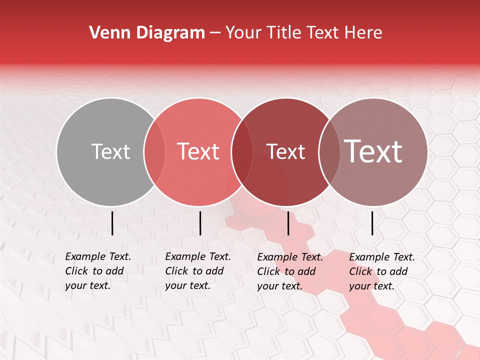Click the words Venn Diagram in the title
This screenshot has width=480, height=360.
click(x=147, y=33)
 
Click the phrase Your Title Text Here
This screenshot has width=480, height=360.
click(x=303, y=33)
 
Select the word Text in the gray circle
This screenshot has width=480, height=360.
click(x=110, y=152)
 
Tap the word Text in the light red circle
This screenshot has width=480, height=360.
click(x=198, y=152)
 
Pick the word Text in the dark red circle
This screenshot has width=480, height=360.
click(x=285, y=152)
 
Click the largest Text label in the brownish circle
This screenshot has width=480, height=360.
click(x=373, y=151)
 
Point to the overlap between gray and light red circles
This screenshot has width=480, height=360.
click(x=154, y=152)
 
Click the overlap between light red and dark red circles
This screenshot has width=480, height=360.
click(x=242, y=152)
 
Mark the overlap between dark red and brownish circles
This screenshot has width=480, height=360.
click(x=329, y=152)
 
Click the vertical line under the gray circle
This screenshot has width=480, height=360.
click(x=112, y=223)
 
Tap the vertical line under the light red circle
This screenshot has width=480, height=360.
click(x=200, y=223)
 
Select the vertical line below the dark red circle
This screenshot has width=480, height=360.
click(x=288, y=223)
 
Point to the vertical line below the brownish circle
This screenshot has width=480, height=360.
click(x=372, y=223)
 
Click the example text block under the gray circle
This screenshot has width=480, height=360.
click(x=98, y=271)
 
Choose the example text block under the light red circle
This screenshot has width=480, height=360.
click(x=198, y=271)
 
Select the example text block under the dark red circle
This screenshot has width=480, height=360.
click(x=290, y=271)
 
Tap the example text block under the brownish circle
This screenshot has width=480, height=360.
click(x=382, y=271)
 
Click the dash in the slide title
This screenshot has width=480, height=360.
click(x=215, y=33)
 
